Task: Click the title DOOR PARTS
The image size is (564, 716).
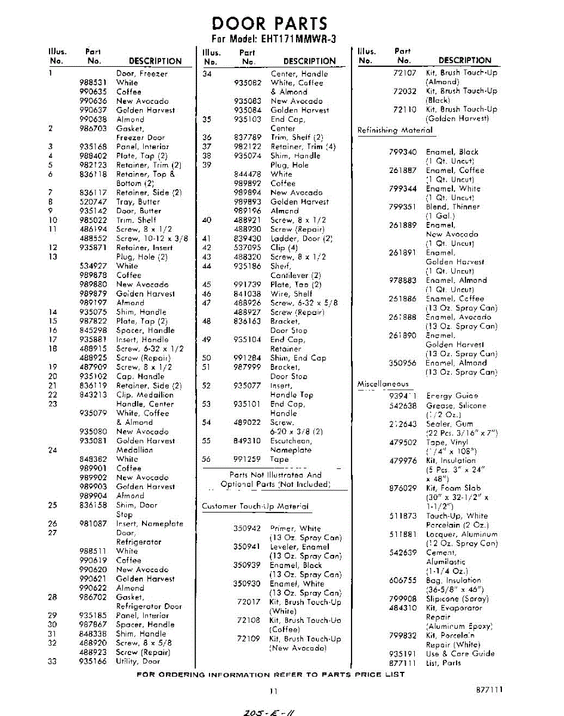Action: point(270,24)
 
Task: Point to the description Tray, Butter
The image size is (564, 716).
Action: point(138,202)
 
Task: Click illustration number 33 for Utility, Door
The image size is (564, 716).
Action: point(52,661)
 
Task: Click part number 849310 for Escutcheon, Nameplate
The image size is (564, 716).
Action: point(247,441)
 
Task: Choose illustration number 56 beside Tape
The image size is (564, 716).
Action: point(207,459)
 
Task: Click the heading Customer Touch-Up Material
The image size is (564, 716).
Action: point(255,507)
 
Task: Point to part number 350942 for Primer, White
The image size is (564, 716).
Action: point(247,528)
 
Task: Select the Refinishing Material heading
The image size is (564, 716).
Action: point(395,130)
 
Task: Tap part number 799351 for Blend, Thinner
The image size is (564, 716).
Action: point(403,206)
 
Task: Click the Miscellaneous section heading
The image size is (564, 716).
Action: point(383,384)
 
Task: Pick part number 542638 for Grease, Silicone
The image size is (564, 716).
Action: point(403,405)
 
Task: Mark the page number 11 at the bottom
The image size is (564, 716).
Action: point(273,692)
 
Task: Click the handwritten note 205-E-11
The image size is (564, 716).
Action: point(269,710)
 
